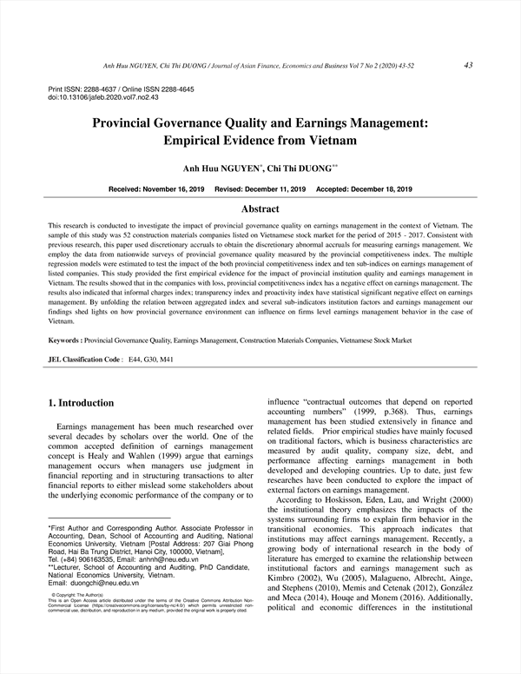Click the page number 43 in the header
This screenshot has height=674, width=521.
pos(468,64)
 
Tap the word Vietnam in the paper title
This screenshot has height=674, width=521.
pos(331,139)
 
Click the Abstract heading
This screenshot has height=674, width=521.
pos(260,209)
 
